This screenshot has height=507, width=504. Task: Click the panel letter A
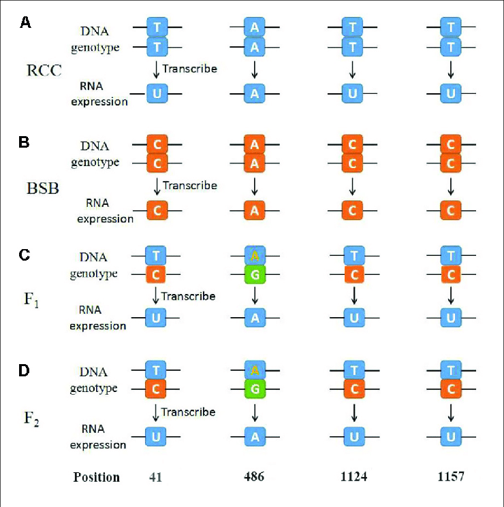25,23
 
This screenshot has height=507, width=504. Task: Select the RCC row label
42,70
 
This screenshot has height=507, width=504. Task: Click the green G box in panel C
255,276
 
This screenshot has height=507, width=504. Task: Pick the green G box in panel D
255,390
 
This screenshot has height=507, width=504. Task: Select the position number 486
255,476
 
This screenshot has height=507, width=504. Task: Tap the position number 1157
450,476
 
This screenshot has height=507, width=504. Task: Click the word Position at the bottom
97,476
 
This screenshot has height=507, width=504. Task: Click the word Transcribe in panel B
190,185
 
